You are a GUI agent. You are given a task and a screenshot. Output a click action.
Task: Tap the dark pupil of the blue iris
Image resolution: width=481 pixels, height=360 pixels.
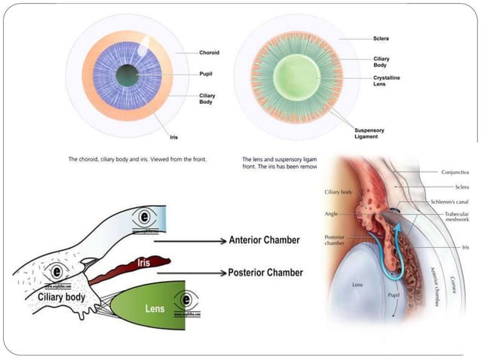[127, 75]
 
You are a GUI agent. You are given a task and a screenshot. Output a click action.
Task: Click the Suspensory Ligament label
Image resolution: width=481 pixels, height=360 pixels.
[371, 133]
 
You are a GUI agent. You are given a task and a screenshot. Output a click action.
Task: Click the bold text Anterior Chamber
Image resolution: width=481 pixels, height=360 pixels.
[264, 240]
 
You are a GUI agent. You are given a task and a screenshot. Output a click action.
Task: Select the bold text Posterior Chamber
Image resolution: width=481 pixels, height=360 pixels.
[265, 272]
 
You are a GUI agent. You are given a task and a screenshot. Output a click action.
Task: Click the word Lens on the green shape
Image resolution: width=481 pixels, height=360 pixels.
[155, 309]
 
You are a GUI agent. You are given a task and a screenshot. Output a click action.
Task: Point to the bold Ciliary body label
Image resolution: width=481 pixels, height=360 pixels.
[65, 297]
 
